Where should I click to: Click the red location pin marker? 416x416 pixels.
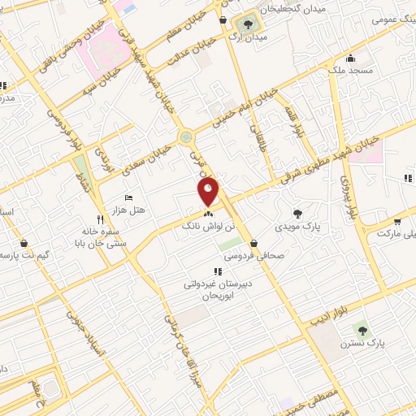tap(209, 190)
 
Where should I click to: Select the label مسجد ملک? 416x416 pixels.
tap(350, 71)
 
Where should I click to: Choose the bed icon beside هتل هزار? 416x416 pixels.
tap(128, 197)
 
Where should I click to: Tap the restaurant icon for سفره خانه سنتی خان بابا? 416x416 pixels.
tap(101, 219)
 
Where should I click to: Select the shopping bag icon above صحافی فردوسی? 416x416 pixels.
tap(254, 242)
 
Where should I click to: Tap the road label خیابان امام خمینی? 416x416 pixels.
tap(245, 109)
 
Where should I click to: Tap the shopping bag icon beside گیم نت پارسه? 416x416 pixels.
tap(23, 242)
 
